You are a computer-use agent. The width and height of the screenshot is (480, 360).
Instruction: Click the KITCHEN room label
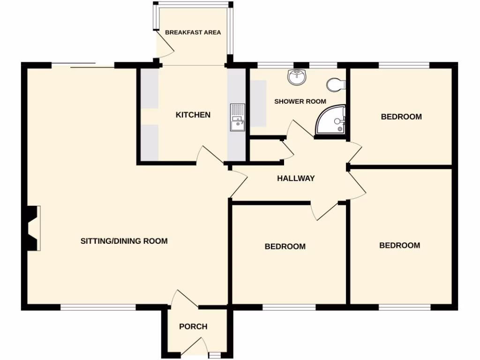[x=193, y=115]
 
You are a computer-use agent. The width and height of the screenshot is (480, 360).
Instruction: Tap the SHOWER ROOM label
[x=300, y=101]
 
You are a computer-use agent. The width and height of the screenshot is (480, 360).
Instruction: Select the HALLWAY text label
[x=296, y=178]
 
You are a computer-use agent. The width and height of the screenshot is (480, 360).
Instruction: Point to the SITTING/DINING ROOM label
[x=124, y=241]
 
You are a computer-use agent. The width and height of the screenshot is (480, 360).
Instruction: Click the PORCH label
[x=193, y=326]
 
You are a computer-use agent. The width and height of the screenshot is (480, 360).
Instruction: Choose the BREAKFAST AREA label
[x=193, y=33]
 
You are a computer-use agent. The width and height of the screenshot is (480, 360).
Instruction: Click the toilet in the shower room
[x=336, y=84]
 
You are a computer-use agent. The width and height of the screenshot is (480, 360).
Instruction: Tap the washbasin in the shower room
[x=296, y=78]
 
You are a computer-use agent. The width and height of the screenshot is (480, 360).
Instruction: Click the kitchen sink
[x=237, y=117]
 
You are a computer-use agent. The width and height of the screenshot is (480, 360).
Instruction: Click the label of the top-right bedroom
[x=401, y=117]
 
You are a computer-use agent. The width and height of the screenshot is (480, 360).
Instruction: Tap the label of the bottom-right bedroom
[x=399, y=245]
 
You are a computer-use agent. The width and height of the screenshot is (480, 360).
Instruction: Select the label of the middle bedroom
[x=285, y=246]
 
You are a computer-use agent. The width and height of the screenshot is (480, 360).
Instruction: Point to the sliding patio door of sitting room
[x=83, y=66]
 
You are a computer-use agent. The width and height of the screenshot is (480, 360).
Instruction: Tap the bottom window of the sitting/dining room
[x=98, y=307]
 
